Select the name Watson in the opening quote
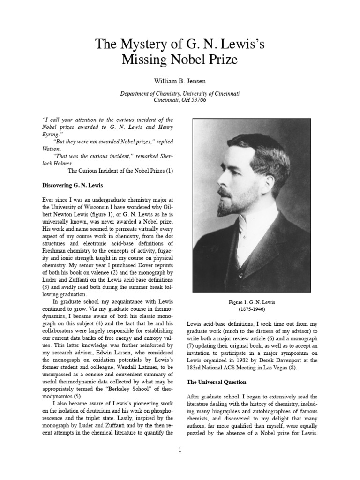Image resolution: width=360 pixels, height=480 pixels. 52,148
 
